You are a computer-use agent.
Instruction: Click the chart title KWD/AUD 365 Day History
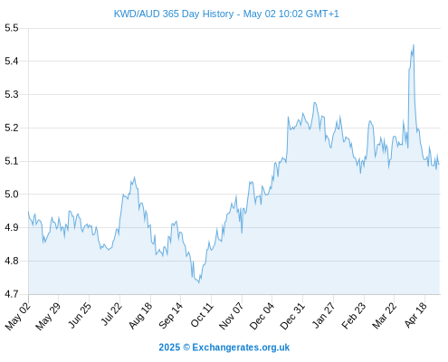pos(174,14)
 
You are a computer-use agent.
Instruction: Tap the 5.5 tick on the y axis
pos(12,28)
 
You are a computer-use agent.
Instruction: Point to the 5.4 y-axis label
pos(12,62)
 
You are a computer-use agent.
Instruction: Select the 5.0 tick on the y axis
pos(12,195)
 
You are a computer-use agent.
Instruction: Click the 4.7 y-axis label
pos(12,294)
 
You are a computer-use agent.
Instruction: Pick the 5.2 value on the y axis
pos(12,128)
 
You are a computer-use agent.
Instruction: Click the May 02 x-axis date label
pos(18,316)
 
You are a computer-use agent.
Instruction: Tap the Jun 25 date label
pos(80,315)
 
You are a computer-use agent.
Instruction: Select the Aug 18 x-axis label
pos(141,315)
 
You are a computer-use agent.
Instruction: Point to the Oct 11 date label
pos(202,315)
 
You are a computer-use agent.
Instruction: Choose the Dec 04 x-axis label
pos(262,316)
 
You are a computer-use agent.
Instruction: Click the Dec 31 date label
pos(293,316)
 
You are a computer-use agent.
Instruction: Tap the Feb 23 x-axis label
pos(354,315)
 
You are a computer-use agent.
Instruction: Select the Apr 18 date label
pos(416,315)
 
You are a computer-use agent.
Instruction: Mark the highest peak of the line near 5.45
pos(414,45)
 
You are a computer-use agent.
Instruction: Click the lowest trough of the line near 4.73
pos(199,282)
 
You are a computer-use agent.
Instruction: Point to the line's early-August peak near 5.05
pos(134,177)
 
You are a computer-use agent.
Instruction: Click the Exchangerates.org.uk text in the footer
pos(241,348)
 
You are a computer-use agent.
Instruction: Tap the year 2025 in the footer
pos(169,348)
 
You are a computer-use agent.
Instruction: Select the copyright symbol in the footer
pos(186,348)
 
